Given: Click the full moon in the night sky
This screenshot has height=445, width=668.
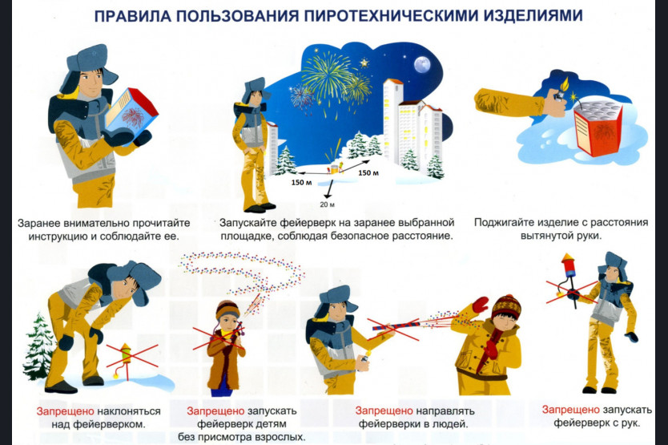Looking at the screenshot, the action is (x=421, y=64).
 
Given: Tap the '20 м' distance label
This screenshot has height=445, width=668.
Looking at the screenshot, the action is (x=327, y=204).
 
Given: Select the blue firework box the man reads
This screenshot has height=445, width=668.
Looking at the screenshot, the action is (x=131, y=113).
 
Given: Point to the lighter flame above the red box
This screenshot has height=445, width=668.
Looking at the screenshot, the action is (x=565, y=83).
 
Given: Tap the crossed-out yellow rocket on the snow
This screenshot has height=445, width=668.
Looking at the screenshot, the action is (x=125, y=359).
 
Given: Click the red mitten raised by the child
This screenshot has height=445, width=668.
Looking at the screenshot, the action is (x=480, y=305).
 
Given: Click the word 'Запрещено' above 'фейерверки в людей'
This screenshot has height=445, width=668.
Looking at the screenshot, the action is (x=384, y=411).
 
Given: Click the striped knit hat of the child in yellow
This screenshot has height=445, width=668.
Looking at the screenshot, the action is (x=506, y=306).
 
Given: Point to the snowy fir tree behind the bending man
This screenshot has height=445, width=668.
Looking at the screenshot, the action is (x=39, y=346).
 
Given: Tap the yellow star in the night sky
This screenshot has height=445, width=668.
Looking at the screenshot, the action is (x=364, y=63).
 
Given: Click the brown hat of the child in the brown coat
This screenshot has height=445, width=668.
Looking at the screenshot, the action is (x=227, y=309).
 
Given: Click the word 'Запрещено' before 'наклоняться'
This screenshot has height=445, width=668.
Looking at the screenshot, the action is (x=65, y=411).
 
